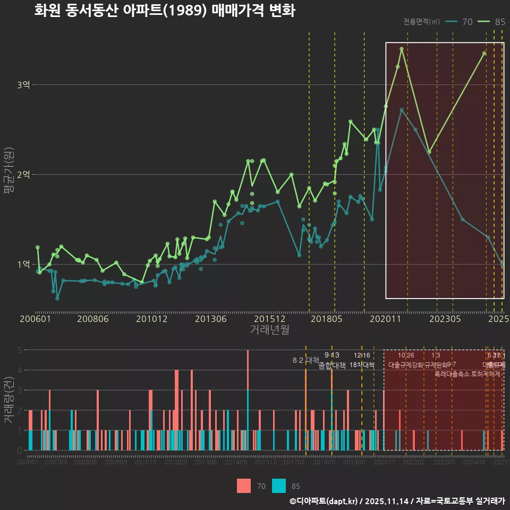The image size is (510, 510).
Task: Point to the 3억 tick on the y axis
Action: pos(24,85)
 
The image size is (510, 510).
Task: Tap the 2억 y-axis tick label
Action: pos(24,175)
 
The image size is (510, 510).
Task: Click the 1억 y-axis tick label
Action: pos(24,265)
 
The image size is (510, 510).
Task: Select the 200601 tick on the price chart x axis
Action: pos(35,319)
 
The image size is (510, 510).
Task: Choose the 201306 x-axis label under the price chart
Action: pos(211,319)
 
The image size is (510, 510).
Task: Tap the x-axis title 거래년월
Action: pos(270,329)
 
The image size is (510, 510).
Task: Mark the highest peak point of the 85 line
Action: pos(402,49)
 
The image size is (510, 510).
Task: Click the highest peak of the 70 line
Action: pos(402,110)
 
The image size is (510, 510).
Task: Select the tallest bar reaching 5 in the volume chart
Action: pos(248,372)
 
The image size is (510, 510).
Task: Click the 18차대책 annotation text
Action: pos(362,365)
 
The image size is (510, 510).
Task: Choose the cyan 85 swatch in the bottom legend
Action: pos(278,486)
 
